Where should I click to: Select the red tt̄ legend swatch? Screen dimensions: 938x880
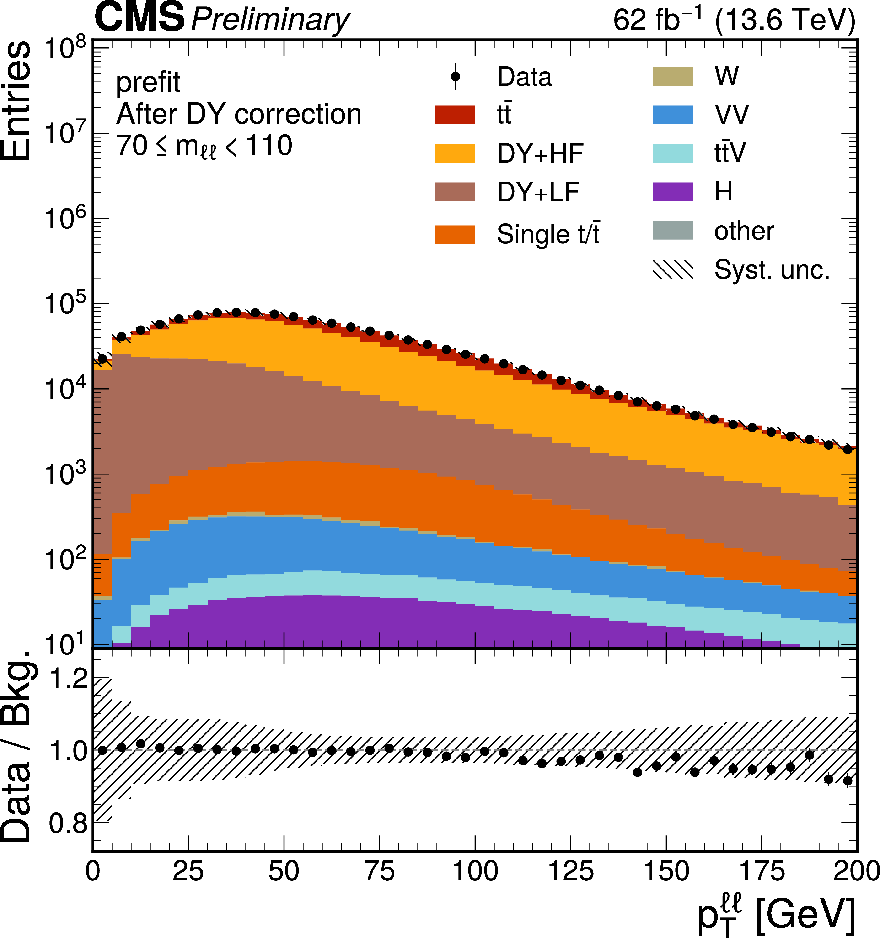[455, 115]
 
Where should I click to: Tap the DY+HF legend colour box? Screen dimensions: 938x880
[455, 153]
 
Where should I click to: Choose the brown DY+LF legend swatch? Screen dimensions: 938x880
[455, 192]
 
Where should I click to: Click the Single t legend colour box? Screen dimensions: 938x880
[455, 234]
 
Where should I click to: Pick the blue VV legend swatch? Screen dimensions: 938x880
[673, 115]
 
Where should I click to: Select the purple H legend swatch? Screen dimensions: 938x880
[673, 192]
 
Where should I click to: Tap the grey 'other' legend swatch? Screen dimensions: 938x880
[673, 230]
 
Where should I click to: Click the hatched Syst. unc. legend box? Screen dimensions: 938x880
[673, 269]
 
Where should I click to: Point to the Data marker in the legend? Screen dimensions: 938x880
[455, 76]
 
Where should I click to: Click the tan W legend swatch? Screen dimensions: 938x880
[673, 76]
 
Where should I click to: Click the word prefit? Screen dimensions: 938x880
[148, 83]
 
